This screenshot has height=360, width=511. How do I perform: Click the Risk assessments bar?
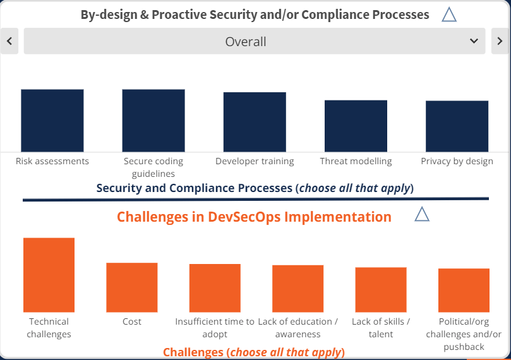(52, 121)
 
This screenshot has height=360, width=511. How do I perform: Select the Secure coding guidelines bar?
(153, 121)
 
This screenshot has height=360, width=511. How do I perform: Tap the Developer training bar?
(255, 122)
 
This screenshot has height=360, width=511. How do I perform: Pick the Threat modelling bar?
(356, 126)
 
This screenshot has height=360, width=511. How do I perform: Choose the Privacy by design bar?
(457, 126)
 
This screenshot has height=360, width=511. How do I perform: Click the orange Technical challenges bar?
(49, 275)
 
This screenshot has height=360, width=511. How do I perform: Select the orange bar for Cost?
(132, 287)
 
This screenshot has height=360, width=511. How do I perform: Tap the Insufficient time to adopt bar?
(215, 288)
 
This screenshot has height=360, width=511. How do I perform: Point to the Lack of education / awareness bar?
(298, 289)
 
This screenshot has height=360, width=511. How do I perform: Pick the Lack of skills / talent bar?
(381, 290)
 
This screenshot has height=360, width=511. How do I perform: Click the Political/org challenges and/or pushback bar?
(464, 291)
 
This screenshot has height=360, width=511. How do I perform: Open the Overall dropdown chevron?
(474, 41)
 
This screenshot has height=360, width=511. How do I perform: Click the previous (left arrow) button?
(9, 41)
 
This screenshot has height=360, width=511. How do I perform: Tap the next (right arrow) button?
(500, 41)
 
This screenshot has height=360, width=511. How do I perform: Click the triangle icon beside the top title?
(449, 15)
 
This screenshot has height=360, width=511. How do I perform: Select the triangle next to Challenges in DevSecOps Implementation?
(422, 214)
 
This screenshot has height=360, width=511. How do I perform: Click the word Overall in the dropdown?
(246, 42)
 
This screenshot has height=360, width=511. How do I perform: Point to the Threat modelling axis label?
(356, 161)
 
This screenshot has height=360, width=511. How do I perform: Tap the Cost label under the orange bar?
(132, 321)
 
